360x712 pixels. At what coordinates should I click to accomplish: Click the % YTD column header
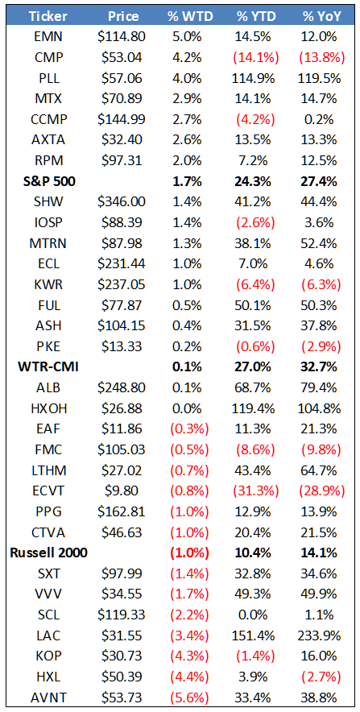click(x=255, y=16)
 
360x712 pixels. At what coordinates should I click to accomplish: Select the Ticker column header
click(x=48, y=16)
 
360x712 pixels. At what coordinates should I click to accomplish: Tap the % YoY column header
click(x=322, y=16)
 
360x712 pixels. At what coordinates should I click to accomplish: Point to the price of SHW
click(x=122, y=202)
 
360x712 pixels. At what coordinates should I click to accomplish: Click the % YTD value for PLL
click(x=255, y=79)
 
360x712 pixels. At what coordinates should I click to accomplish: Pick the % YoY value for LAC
click(x=322, y=635)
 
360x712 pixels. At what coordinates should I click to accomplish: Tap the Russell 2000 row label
click(x=48, y=553)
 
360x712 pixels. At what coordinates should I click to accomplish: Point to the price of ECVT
click(x=122, y=491)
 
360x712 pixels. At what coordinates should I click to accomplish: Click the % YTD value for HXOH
click(x=255, y=408)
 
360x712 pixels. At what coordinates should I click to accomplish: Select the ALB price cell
click(x=122, y=388)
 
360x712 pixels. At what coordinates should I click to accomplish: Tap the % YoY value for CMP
click(x=322, y=58)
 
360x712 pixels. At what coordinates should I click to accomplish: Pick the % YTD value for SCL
click(x=255, y=615)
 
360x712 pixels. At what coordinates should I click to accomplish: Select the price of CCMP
click(x=122, y=120)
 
